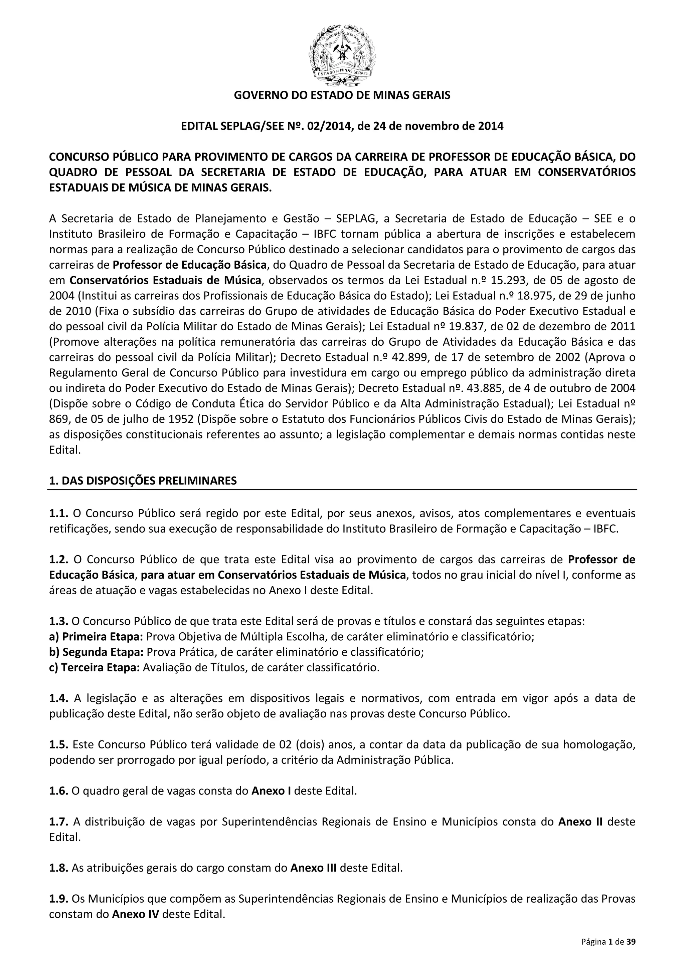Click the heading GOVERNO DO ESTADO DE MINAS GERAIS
pyautogui.click(x=342, y=95)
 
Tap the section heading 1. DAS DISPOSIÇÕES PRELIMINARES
pyautogui.click(x=143, y=480)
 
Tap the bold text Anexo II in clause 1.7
pyautogui.click(x=580, y=822)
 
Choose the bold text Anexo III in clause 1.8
pyautogui.click(x=314, y=868)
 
